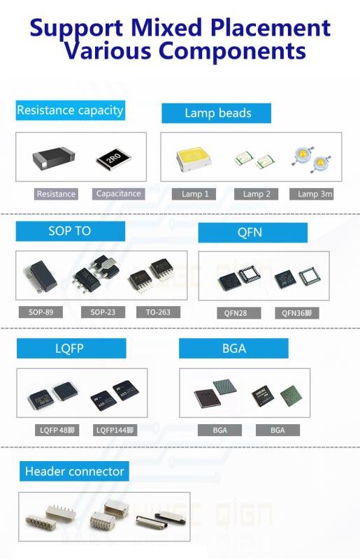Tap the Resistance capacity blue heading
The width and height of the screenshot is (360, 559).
pos(71,110)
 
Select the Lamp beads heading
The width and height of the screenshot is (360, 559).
pos(216,113)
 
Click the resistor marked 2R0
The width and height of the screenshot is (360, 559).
pos(113,158)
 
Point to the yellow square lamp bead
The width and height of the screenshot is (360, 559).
pos(194,159)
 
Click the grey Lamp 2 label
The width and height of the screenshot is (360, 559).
pos(256,194)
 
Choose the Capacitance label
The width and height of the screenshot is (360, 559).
pos(118,194)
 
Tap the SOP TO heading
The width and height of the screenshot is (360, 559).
pos(71,231)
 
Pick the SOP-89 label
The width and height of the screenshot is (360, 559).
pos(41,312)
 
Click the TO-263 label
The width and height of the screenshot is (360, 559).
pos(158,312)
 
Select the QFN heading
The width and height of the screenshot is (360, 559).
pos(252,233)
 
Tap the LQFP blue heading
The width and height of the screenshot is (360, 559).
pos(71,348)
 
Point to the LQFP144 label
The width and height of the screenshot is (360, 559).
pos(115,430)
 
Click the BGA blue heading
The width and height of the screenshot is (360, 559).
pos(233,348)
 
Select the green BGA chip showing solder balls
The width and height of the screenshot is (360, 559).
pos(291,395)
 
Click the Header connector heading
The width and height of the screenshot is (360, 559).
pos(74,471)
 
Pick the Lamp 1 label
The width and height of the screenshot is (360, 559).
pos(194,194)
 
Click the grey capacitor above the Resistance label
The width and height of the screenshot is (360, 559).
pos(54,157)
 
